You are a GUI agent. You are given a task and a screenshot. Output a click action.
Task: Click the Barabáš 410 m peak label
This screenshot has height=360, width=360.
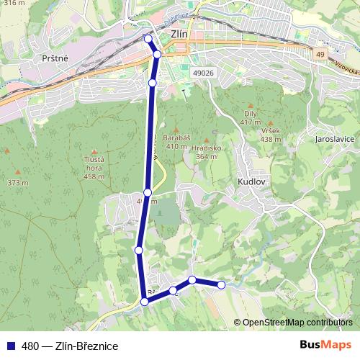tap(176, 142)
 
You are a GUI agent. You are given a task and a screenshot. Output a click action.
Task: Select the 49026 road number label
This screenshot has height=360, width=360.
tap(204, 73)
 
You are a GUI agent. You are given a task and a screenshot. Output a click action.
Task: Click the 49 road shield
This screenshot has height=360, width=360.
tap(320, 53)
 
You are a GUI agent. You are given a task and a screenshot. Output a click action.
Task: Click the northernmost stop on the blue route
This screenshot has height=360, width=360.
tap(148, 39)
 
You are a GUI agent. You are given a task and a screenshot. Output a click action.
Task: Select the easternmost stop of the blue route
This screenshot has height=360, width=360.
tap(221, 285)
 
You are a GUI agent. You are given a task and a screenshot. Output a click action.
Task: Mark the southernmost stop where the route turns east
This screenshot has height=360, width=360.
tap(145, 302)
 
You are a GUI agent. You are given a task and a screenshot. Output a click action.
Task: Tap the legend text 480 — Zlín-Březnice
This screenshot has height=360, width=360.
tap(70, 346)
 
